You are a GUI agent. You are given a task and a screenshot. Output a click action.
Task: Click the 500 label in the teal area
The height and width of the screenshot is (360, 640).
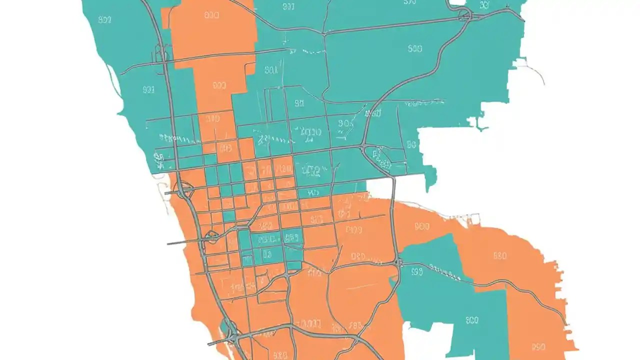tap(414, 48)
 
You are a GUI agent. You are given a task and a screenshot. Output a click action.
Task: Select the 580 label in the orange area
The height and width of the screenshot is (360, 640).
tap(499, 255)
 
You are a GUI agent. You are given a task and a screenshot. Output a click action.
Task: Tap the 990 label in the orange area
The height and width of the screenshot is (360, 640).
tap(538, 346)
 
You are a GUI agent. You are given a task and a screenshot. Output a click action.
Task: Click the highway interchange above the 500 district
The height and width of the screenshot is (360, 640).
tap(465, 15)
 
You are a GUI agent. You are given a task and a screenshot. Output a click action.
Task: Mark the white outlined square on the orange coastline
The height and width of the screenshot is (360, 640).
tap(473, 218)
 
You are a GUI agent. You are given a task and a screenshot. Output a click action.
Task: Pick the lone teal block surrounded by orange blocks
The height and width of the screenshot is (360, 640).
tap(229, 216)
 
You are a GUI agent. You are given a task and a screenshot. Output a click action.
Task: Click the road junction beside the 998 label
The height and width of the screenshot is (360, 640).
tap(398, 262)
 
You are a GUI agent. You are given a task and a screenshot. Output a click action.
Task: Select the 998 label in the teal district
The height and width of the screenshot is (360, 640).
tap(417, 271)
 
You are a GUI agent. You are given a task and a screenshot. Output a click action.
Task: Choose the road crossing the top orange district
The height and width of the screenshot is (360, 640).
tap(210, 57)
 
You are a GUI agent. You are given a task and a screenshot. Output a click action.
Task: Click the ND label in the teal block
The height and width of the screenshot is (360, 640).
tap(313, 191)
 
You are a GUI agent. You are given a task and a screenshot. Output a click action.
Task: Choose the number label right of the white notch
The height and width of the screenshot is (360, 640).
tap(471, 320)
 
